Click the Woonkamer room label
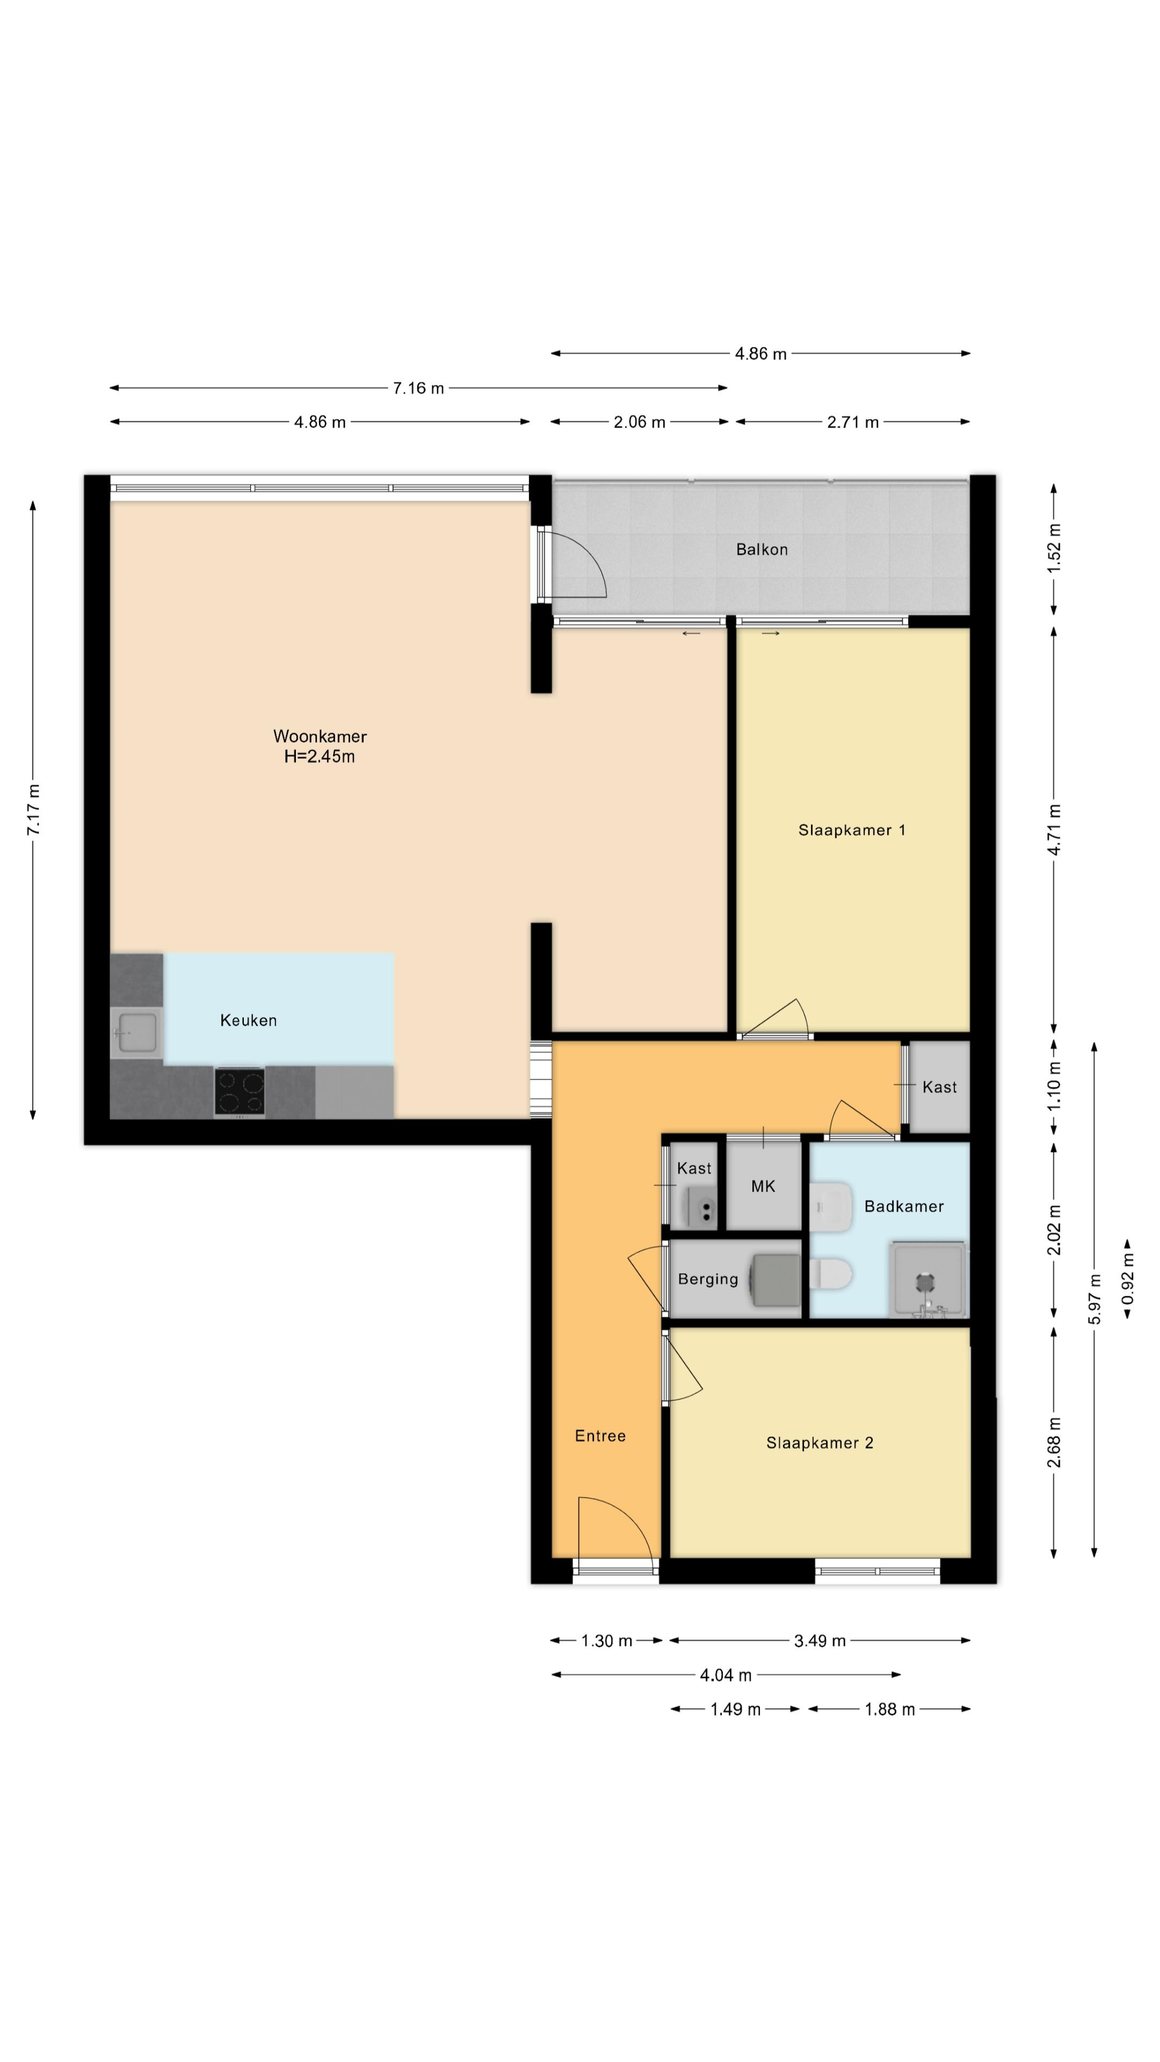320,736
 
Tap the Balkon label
762,549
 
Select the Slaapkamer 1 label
852,830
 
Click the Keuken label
248,1020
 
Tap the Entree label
600,1435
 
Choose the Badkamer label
904,1206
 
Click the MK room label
763,1186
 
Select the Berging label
708,1279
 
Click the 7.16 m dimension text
418,388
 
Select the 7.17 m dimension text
34,810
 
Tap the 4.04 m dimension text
726,1675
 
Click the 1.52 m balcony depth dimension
1054,548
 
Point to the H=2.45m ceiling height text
320,757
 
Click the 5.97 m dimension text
1094,1297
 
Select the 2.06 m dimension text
640,422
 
